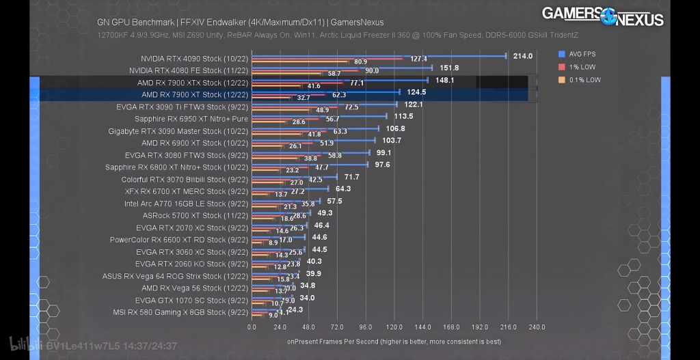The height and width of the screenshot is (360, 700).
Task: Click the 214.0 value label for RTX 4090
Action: (522, 56)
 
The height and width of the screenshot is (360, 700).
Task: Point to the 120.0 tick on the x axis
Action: (394, 327)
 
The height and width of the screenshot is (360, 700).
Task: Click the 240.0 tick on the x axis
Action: (537, 327)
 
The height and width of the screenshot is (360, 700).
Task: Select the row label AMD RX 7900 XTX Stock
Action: (192, 83)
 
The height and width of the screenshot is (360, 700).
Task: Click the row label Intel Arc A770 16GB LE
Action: (186, 204)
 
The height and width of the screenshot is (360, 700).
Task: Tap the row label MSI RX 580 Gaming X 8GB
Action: (180, 312)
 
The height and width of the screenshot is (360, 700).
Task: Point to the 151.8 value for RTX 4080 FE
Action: (449, 68)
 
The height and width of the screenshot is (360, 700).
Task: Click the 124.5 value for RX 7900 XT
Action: (416, 92)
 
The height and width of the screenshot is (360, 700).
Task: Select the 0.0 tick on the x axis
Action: (252, 327)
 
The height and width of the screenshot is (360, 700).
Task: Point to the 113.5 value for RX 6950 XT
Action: (403, 117)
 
